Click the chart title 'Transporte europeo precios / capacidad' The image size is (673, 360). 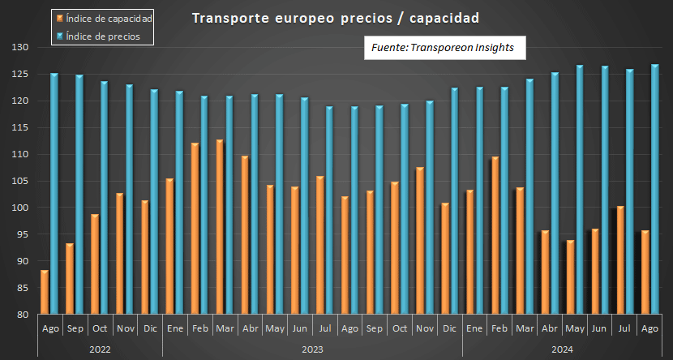click(335, 18)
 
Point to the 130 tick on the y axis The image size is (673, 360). click(21, 48)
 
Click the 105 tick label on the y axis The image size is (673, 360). click(21, 181)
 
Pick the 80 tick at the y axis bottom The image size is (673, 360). click(24, 315)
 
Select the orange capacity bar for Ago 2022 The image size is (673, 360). click(45, 293)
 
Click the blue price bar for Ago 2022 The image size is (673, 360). click(54, 195)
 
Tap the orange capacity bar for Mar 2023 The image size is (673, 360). click(220, 227)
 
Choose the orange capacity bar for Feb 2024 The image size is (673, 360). click(495, 236)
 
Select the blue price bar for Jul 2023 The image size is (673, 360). click(329, 211)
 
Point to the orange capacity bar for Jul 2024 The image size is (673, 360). click(620, 260)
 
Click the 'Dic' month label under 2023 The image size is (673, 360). click(450, 328)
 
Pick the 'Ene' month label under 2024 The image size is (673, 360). click(475, 328)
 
